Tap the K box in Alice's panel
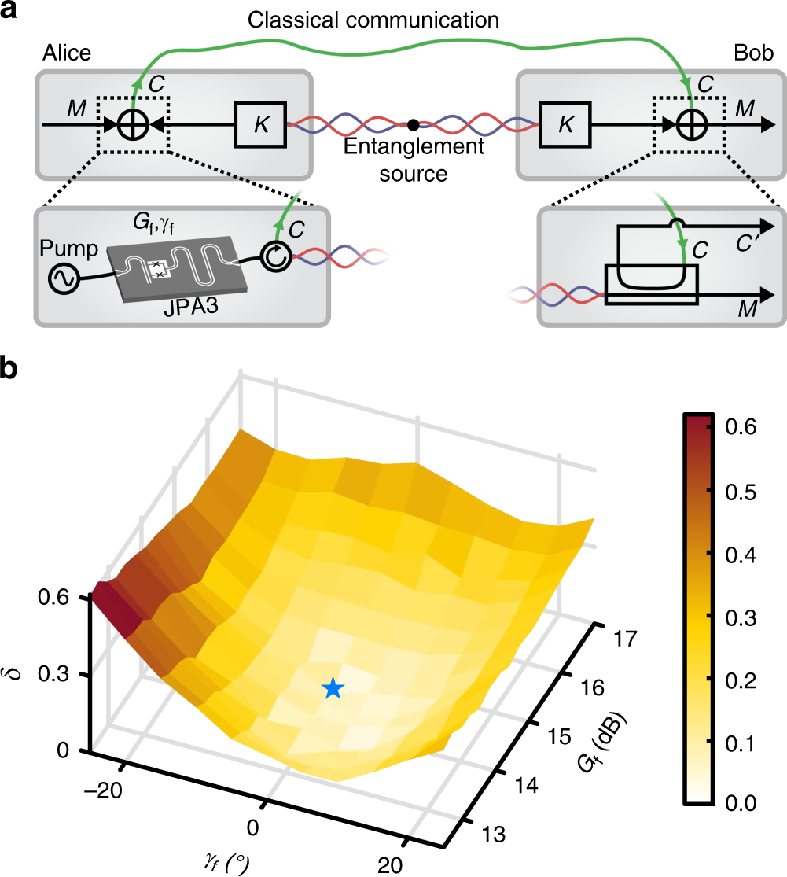259,124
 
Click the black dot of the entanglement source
412,124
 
